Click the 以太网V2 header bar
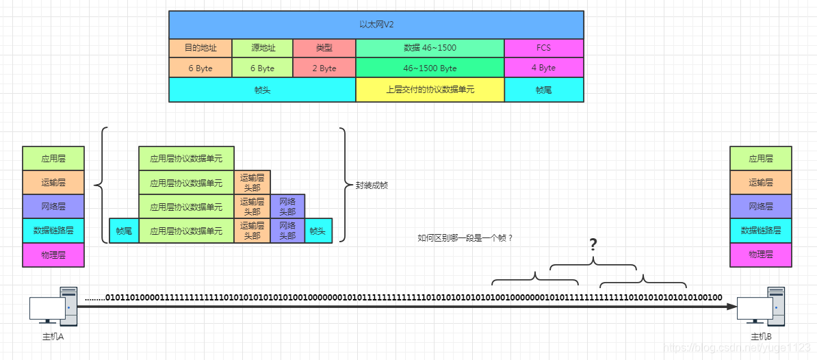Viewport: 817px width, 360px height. coord(376,25)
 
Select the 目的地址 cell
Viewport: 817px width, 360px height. coord(200,48)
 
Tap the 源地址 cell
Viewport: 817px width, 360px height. coord(262,48)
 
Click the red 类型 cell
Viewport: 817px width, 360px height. coord(324,48)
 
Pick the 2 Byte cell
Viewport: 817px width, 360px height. coord(324,68)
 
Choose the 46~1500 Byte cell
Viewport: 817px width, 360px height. coord(430,68)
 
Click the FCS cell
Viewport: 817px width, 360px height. coord(543,48)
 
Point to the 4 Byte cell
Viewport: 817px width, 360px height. coord(543,68)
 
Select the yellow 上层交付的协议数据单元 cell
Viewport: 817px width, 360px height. coord(430,90)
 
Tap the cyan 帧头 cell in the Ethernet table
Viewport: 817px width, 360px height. coord(262,90)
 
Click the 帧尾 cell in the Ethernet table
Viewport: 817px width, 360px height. coord(543,90)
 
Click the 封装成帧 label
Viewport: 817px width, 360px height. coord(372,185)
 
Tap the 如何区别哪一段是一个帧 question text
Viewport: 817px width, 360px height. coord(465,238)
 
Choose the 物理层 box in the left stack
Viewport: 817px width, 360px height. coord(53,255)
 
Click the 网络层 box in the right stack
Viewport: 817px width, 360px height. coord(761,206)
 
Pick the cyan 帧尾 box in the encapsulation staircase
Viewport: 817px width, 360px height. coord(124,231)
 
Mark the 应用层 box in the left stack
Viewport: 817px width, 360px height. coord(53,158)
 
